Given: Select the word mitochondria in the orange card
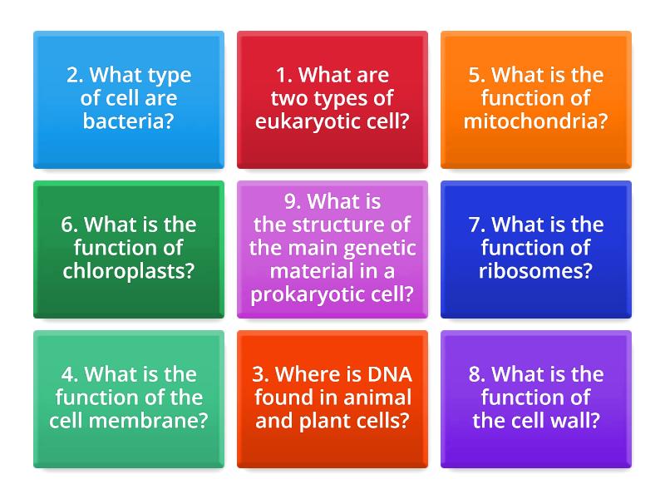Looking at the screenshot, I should [x=536, y=121].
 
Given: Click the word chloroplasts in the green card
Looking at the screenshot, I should [x=129, y=271].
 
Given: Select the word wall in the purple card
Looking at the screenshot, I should [x=566, y=421].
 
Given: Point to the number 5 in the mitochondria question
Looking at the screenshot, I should [x=475, y=75].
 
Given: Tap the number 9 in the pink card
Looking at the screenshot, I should [x=290, y=202].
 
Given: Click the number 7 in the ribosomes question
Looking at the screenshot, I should [x=475, y=225].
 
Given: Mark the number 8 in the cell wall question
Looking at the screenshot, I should [x=475, y=374].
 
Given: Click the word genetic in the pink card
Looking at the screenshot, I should [x=382, y=248].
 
